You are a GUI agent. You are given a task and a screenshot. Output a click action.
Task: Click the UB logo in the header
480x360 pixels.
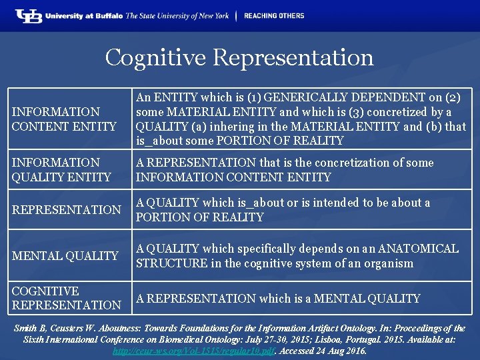pyautogui.click(x=29, y=16)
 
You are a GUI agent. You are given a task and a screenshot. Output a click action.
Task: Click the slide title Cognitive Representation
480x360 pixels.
pyautogui.click(x=239, y=57)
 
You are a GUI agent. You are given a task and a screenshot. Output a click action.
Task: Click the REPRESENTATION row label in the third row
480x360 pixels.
pyautogui.click(x=67, y=209)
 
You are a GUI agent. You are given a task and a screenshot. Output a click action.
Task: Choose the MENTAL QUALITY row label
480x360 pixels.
pyautogui.click(x=65, y=255)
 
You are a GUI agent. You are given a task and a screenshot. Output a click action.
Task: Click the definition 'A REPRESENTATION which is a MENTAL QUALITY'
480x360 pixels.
pyautogui.click(x=278, y=299)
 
